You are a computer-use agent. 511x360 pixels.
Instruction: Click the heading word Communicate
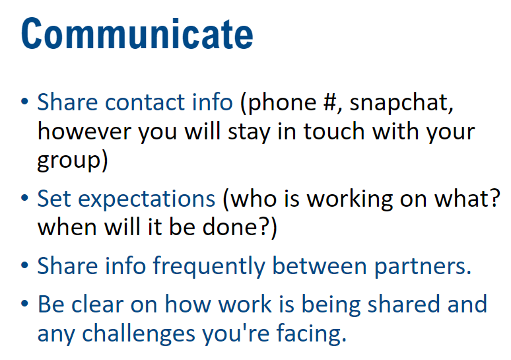click(x=137, y=34)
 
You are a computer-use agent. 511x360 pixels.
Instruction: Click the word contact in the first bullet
click(x=145, y=102)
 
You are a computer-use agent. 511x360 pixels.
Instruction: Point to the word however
click(x=85, y=131)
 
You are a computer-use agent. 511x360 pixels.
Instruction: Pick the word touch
click(x=334, y=131)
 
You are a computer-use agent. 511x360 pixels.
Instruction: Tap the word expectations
click(x=147, y=199)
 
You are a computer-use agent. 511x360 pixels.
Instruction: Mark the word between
click(x=320, y=266)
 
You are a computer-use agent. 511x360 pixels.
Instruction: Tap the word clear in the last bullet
click(x=98, y=305)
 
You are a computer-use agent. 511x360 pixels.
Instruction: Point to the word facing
click(x=312, y=334)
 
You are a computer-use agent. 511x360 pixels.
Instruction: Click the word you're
click(x=236, y=334)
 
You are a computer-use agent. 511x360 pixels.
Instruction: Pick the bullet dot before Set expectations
click(x=24, y=198)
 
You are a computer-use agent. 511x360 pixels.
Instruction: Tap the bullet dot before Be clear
click(x=24, y=304)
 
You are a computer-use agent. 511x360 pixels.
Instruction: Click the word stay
click(x=250, y=132)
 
